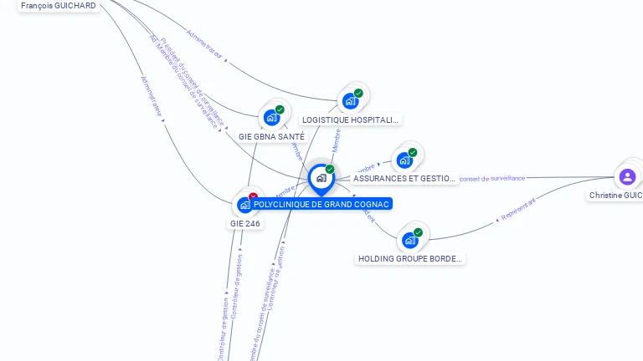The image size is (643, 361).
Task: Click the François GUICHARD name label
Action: pyautogui.click(x=58, y=5)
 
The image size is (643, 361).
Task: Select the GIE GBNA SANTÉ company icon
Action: pyautogui.click(x=271, y=118)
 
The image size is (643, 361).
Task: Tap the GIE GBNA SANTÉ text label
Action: pyautogui.click(x=271, y=136)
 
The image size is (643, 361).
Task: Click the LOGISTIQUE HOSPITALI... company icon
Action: pyautogui.click(x=350, y=101)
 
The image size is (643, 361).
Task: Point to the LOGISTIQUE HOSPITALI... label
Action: pyautogui.click(x=351, y=120)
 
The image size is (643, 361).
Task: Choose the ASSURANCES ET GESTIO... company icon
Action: pyautogui.click(x=404, y=160)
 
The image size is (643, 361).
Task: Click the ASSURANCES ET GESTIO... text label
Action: pyautogui.click(x=404, y=178)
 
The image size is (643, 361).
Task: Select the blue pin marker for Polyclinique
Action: pyautogui.click(x=321, y=178)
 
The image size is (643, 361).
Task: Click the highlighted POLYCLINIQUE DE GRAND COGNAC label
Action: pyautogui.click(x=321, y=204)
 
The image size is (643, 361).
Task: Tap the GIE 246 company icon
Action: pyautogui.click(x=244, y=204)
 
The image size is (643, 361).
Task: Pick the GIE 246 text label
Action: pyautogui.click(x=245, y=223)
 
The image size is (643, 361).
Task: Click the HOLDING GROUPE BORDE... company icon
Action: pyautogui.click(x=409, y=241)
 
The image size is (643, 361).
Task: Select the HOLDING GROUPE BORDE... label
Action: pyautogui.click(x=410, y=259)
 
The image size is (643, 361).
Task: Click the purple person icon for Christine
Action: pyautogui.click(x=627, y=176)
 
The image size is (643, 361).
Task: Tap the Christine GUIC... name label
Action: pyautogui.click(x=616, y=195)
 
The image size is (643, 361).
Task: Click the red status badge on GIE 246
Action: pyautogui.click(x=253, y=196)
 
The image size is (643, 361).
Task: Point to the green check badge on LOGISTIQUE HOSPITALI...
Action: pyautogui.click(x=358, y=93)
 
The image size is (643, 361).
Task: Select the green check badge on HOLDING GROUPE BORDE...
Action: pyautogui.click(x=418, y=232)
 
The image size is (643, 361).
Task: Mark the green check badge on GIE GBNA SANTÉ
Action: pyautogui.click(x=280, y=109)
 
